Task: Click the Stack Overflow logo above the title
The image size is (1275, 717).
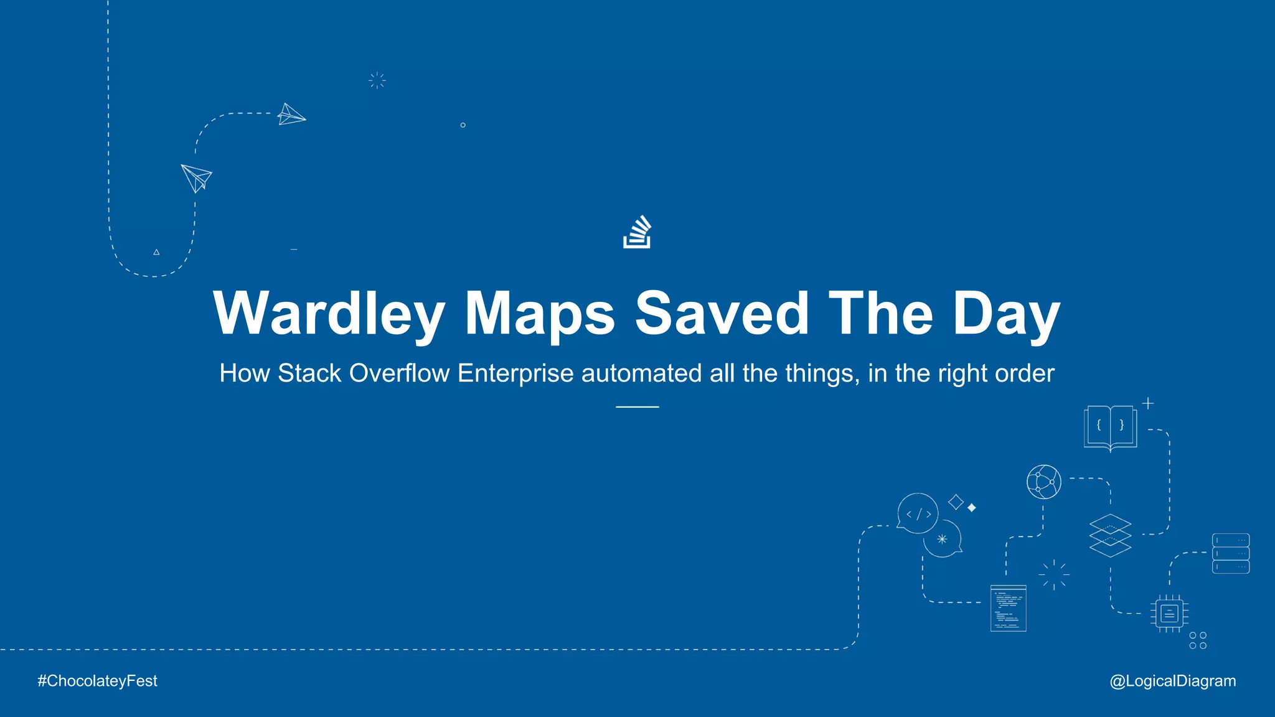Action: (x=637, y=232)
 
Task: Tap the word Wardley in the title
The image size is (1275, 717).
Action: (x=329, y=314)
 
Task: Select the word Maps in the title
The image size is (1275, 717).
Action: (x=540, y=314)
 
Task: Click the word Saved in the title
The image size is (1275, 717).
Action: (x=721, y=314)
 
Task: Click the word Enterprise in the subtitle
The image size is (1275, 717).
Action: (x=515, y=373)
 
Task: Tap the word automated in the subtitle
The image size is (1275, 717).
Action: (x=641, y=373)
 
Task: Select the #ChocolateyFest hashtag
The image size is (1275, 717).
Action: (x=97, y=681)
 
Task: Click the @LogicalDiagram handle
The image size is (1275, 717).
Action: (x=1172, y=681)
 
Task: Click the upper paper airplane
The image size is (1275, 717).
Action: (x=290, y=115)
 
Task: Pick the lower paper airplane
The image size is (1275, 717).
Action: (x=197, y=177)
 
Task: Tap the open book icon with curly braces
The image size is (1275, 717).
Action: (x=1110, y=427)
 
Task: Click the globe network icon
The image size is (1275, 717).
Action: (x=1044, y=482)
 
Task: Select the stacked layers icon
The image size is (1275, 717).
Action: (x=1110, y=535)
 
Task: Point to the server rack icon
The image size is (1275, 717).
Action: (x=1230, y=553)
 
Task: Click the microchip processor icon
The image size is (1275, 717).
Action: (x=1169, y=614)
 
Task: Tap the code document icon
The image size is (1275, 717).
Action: (x=1008, y=608)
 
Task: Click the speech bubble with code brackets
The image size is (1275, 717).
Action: (x=918, y=513)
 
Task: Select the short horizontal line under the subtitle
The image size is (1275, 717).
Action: (x=637, y=407)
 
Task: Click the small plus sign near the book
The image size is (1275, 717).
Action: (x=1148, y=403)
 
